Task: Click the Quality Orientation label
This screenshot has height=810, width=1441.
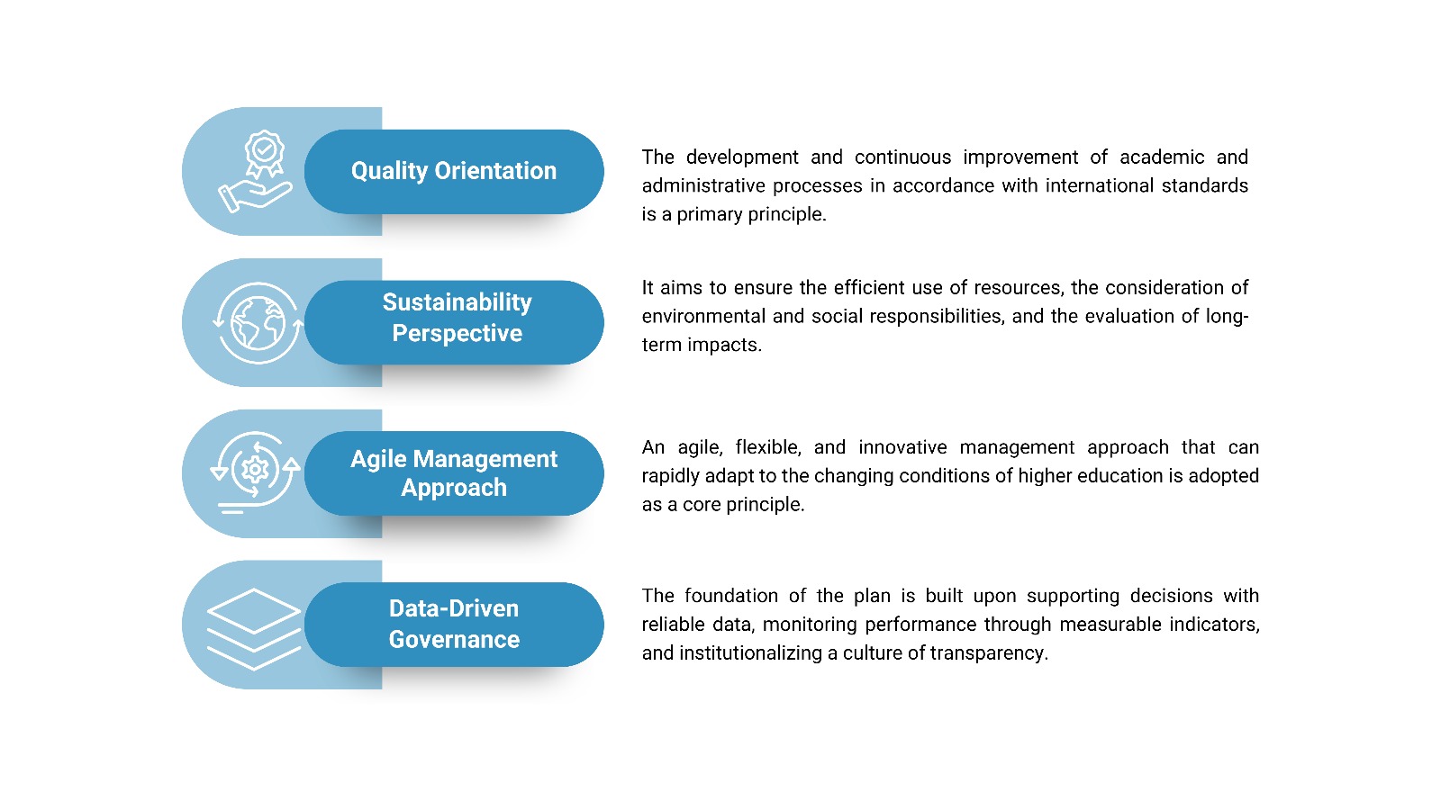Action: (454, 171)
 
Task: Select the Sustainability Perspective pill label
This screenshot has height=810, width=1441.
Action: (457, 318)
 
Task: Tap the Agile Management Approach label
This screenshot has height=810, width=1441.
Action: (454, 473)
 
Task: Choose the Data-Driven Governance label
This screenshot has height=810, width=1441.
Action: (454, 624)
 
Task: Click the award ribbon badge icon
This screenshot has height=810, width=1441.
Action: (264, 154)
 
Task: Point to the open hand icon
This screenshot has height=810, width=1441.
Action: (255, 195)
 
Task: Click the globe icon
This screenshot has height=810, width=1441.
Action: (258, 323)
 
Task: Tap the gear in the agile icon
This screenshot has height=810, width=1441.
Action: (256, 469)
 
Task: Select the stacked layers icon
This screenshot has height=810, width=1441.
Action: (253, 629)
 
